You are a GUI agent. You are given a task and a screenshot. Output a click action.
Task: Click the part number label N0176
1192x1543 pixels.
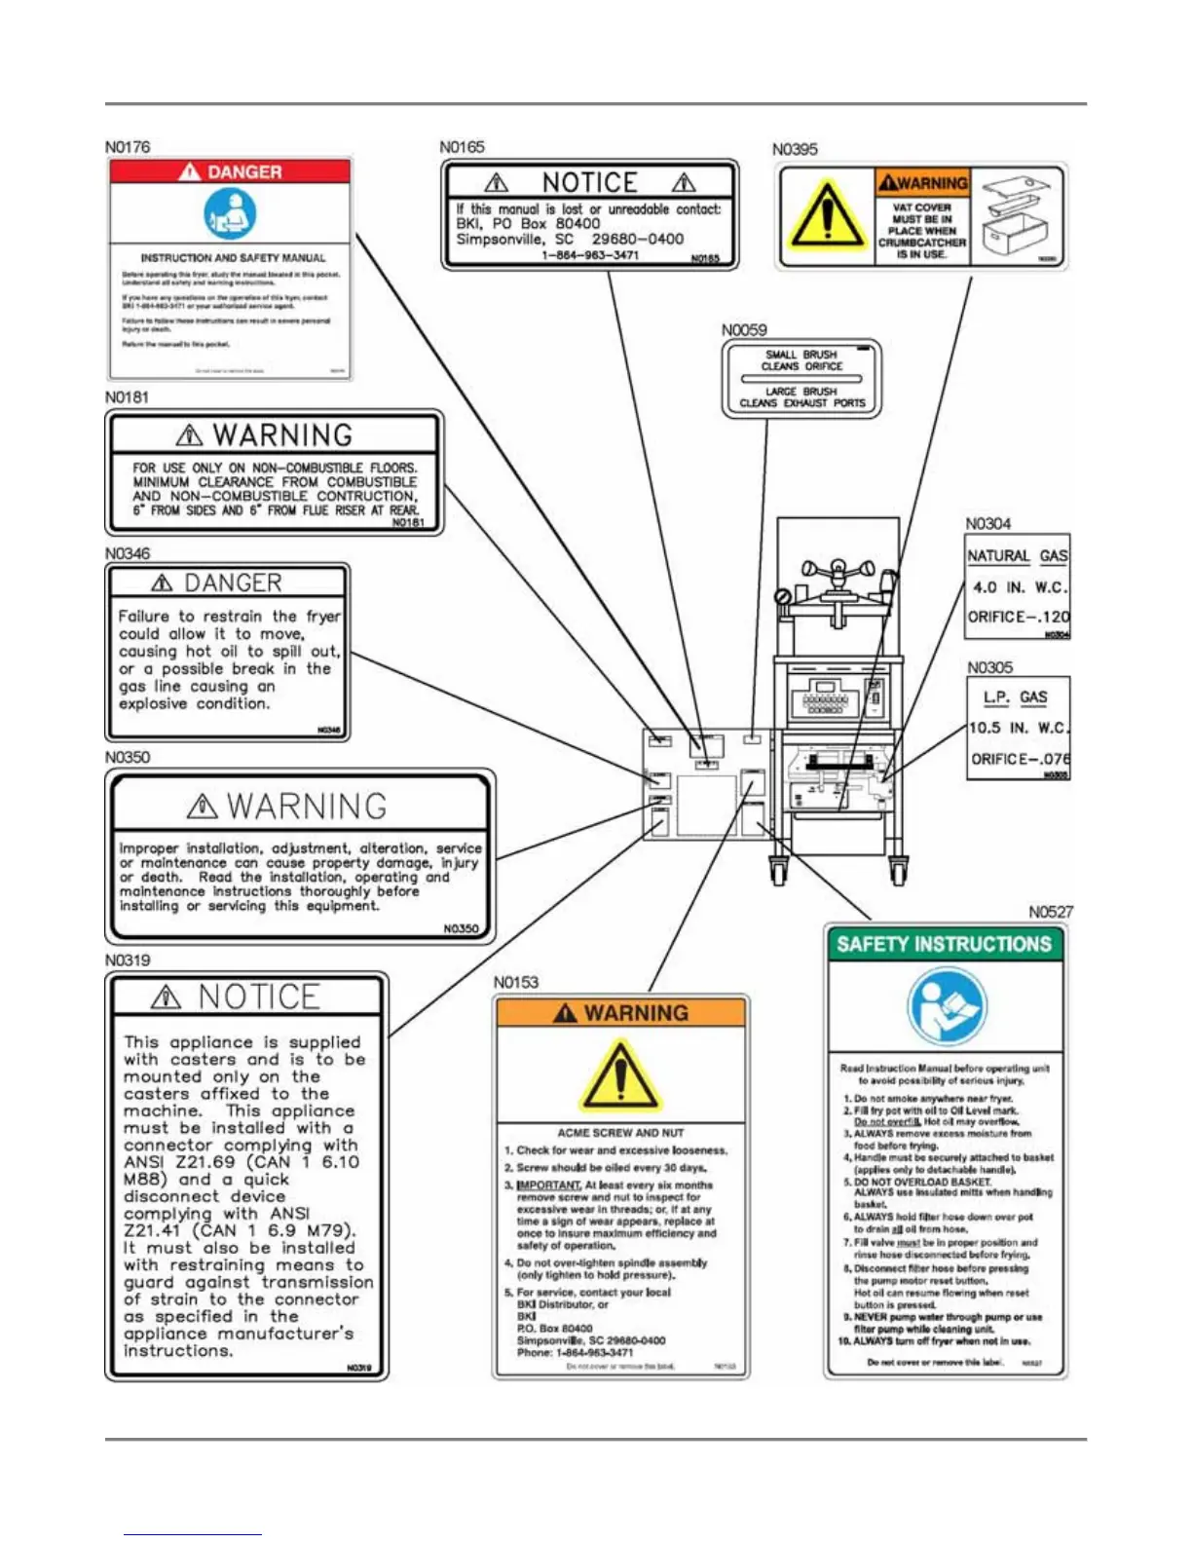[x=128, y=147]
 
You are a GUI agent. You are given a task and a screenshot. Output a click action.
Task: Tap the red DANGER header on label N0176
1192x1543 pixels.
[x=230, y=171]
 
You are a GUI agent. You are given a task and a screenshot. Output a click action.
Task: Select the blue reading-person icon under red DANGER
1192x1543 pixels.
[x=230, y=213]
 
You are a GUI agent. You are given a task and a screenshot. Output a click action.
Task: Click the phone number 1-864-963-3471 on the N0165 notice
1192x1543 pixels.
[x=590, y=255]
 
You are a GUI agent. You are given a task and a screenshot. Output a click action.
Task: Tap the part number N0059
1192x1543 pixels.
[x=744, y=330]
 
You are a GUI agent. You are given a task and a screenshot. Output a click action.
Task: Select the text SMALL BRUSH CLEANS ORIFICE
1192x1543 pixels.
[x=801, y=360]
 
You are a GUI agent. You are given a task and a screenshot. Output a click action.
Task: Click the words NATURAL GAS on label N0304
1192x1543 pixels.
[x=1017, y=556]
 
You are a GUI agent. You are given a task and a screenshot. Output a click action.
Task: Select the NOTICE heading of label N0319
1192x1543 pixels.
[x=258, y=997]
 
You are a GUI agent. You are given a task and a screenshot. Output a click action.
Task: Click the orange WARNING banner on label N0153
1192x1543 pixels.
[x=621, y=1013]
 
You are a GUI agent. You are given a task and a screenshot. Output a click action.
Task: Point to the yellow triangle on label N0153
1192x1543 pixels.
[x=620, y=1077]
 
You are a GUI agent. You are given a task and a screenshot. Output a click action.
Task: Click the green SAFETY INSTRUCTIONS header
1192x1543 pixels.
[x=944, y=944]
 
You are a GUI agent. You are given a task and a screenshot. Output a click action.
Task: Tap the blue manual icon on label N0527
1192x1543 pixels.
[x=945, y=1006]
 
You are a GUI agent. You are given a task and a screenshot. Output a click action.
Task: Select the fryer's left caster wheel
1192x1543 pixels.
[x=778, y=870]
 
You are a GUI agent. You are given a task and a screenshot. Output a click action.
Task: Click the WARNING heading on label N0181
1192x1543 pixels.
[x=281, y=434]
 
